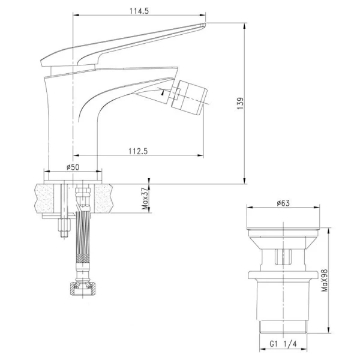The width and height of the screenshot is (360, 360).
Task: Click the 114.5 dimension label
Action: (139, 11)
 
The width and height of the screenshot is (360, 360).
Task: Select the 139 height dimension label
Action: (240, 104)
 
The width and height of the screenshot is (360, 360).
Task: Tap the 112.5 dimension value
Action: (138, 151)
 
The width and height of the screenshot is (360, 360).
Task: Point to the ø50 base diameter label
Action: (73, 167)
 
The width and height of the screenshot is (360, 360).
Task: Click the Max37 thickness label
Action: (145, 199)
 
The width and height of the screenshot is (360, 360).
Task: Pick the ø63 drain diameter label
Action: (283, 203)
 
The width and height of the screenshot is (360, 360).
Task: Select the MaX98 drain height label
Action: (325, 280)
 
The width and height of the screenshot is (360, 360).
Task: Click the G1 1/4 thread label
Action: (283, 344)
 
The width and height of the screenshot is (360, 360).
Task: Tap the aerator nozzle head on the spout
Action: (189, 98)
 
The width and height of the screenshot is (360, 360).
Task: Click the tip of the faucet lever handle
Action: (203, 25)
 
